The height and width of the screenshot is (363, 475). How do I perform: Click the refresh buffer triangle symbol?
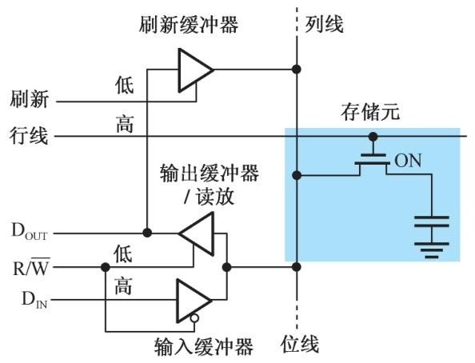point(193,70)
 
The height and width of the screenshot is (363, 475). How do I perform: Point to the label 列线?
point(324,25)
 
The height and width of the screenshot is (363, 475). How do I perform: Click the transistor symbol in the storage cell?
point(373,160)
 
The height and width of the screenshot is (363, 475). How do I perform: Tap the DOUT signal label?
point(29,233)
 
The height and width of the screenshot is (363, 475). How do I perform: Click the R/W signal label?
point(31,267)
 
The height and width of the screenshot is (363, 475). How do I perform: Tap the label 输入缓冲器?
point(204,346)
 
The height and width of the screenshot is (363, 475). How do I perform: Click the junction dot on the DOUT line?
point(146,233)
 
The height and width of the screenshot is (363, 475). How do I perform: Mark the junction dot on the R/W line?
point(105,267)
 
